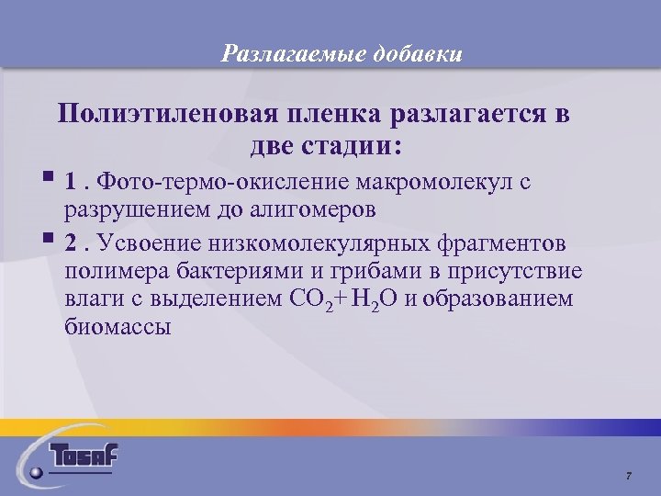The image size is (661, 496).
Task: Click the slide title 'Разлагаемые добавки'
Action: [342, 54]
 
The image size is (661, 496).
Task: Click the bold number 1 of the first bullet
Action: [71, 181]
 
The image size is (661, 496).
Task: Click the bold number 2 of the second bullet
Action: [71, 243]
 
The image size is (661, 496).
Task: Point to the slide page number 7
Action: [628, 475]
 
